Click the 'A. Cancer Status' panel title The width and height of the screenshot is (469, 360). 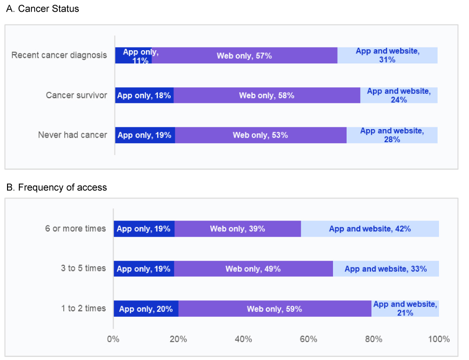(43, 9)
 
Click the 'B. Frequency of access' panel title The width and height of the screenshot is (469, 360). (56, 188)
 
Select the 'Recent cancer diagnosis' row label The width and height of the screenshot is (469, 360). (59, 55)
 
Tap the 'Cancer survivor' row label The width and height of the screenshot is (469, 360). (76, 95)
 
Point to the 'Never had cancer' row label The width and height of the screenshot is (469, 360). (72, 135)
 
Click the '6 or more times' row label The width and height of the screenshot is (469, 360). (76, 229)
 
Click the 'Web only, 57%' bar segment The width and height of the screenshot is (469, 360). (244, 55)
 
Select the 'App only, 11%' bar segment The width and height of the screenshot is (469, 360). (133, 55)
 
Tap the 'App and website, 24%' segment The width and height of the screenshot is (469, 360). (399, 95)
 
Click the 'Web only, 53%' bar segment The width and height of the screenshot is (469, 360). (260, 135)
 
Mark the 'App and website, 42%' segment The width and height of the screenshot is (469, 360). (370, 229)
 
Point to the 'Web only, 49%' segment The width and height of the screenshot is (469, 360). (253, 268)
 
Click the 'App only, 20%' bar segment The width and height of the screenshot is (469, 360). (146, 308)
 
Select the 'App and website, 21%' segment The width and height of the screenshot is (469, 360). (405, 308)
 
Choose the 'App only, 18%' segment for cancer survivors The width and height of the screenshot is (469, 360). (144, 95)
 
